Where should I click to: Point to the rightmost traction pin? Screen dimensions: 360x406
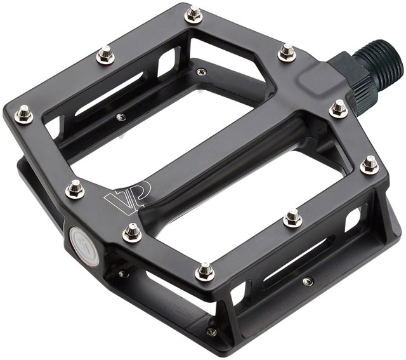[x=370, y=165]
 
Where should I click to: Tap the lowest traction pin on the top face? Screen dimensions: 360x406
[x=204, y=272]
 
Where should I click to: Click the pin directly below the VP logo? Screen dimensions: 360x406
[x=132, y=232]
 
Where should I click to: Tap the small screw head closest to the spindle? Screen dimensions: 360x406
[x=201, y=71]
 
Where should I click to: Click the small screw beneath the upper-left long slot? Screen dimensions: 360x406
[x=121, y=116]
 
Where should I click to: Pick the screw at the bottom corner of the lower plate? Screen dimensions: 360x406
[x=212, y=331]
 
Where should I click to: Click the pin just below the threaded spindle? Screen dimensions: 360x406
[x=339, y=109]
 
